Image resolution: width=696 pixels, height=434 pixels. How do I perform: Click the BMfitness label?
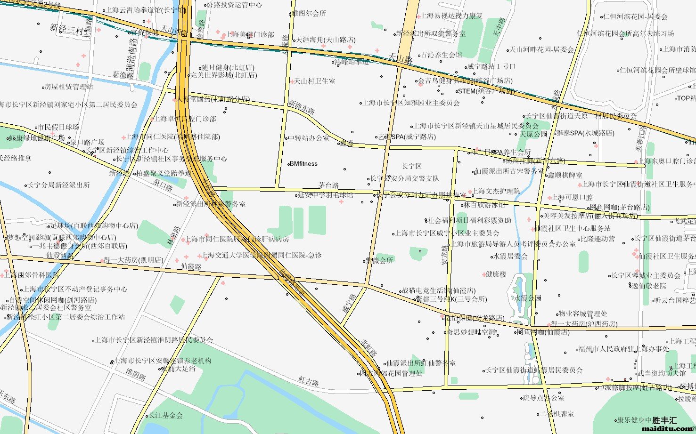303,164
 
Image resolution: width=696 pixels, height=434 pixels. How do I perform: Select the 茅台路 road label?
328,185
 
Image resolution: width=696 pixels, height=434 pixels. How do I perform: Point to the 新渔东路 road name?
302,107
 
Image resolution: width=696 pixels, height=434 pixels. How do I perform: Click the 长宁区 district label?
411,166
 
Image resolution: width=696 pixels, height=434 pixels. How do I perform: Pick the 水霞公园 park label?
527,298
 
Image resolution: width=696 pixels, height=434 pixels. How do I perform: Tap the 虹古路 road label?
309,381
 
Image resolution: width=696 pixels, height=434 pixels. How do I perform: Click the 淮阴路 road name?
136,375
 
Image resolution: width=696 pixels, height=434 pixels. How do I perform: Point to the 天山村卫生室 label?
314,81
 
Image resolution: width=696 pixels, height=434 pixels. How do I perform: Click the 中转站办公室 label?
309,138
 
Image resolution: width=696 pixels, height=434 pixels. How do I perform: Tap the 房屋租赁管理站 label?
68,87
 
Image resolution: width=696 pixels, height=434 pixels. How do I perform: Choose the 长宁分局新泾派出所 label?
58,185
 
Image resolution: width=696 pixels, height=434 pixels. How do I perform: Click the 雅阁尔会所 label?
309,13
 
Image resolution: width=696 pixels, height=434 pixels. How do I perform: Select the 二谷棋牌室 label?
557,414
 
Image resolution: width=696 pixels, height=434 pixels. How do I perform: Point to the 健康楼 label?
496,274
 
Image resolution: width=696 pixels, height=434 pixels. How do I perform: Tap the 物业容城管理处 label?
582,313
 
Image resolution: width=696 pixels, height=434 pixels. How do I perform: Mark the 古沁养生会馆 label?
441,55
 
